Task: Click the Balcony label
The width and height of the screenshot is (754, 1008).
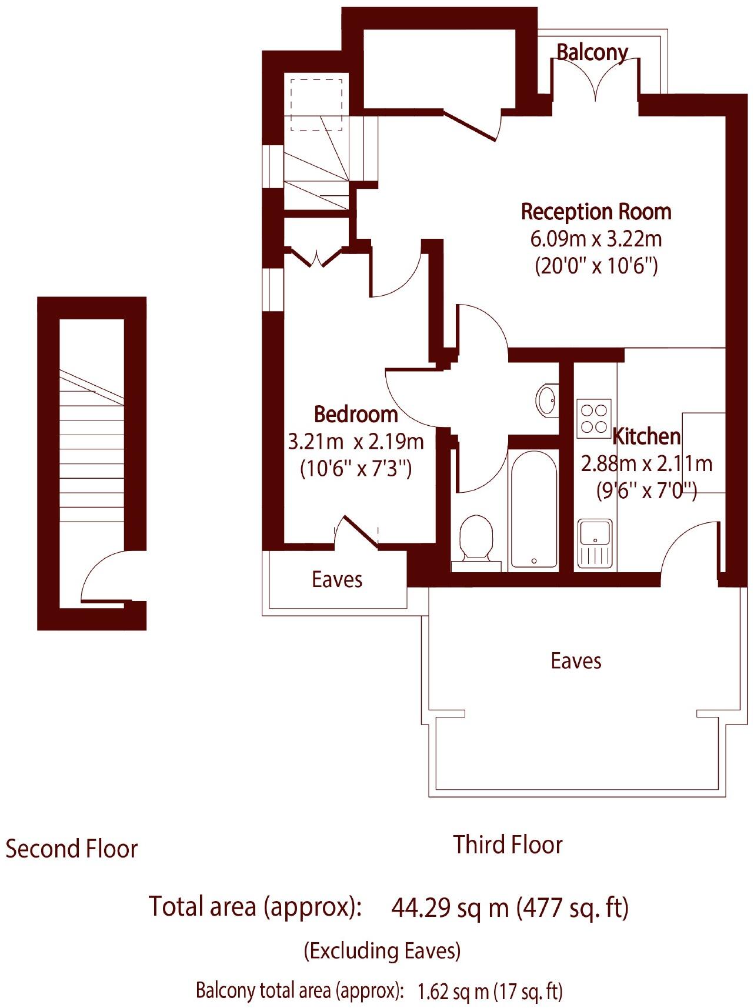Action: point(592,53)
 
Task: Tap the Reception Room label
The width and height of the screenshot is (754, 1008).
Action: point(596,212)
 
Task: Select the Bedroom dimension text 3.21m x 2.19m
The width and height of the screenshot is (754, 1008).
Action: point(356,442)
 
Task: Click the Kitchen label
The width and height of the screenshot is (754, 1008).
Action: point(646,436)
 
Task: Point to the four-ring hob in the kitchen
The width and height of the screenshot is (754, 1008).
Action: point(593,419)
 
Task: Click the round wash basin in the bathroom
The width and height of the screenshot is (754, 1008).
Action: point(547,401)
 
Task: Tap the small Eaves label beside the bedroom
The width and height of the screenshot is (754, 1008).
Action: point(337,580)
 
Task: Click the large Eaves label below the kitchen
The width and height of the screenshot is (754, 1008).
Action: point(576,661)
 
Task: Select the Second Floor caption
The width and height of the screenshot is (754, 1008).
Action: point(71,849)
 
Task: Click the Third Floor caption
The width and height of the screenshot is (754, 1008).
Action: point(508,845)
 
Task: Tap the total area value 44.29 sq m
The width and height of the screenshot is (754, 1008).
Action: point(450,908)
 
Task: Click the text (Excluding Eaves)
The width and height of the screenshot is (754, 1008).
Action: point(382,950)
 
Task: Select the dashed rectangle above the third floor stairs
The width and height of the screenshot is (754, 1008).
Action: point(316,105)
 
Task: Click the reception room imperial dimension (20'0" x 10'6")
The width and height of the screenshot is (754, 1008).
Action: point(596,267)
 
